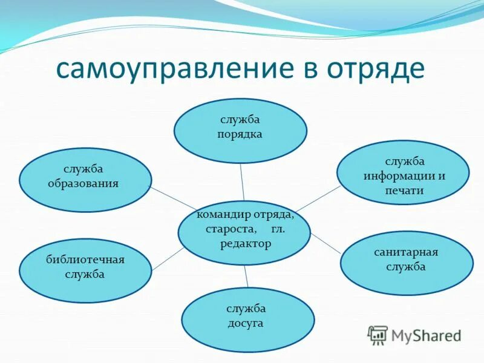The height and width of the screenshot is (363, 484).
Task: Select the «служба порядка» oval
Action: pos(240,131)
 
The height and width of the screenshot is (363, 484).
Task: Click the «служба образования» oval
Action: pos(85,180)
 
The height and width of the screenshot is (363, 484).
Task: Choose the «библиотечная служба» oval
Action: pos(85,270)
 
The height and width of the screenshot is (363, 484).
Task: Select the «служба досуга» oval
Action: pos(247,319)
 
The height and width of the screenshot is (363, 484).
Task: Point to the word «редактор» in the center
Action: pos(246,244)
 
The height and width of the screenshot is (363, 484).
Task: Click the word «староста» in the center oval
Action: pos(225,230)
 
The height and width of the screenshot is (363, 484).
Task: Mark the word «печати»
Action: pos(404,191)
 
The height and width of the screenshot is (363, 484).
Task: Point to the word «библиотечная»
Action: pos(85,260)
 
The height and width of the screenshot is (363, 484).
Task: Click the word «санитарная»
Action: pos(406,252)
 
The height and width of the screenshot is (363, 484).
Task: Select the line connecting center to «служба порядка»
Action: pos(242,181)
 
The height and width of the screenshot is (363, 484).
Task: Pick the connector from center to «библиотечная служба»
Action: pos(168,259)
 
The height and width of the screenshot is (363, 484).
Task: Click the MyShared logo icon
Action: pos(378,335)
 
